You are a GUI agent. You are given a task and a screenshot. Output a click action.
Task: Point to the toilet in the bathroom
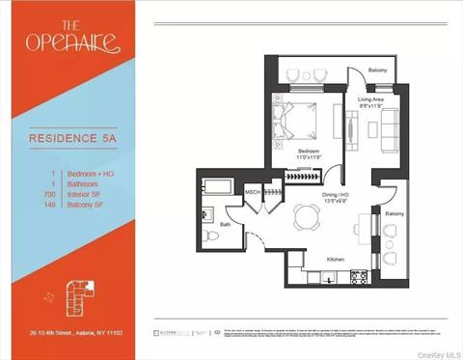211,236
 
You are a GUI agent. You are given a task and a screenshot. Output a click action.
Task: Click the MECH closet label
253,192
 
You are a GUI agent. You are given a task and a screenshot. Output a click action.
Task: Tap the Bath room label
225,224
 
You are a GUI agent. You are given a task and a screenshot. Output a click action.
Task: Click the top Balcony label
379,70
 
